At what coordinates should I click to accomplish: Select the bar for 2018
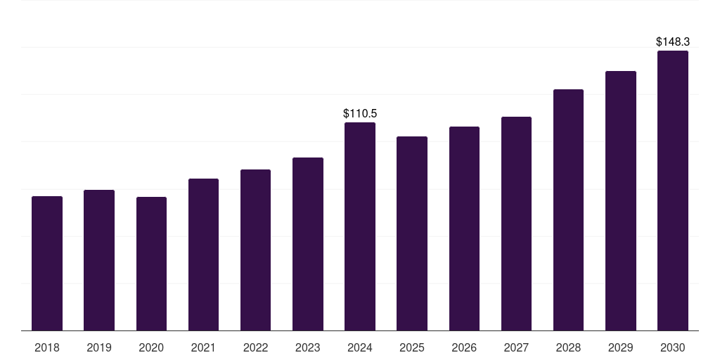pos(47,264)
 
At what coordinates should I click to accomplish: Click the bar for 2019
pos(99,260)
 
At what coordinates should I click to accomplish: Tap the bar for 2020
pos(151,264)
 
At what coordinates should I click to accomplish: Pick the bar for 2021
pos(203,255)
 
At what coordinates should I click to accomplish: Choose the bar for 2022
pos(255,250)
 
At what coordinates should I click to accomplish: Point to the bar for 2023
pos(308,244)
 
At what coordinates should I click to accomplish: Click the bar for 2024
pos(360,226)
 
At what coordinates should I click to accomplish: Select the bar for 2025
pos(412,233)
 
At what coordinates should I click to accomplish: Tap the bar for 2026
pos(464,229)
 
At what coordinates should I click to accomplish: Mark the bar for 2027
pos(516,224)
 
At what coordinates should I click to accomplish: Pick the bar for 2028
pos(568,210)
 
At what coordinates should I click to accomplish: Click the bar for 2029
pos(621,201)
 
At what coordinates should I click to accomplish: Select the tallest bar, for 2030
pos(673,191)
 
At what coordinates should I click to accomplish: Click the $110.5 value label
pos(360,113)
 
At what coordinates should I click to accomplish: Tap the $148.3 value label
pos(673,41)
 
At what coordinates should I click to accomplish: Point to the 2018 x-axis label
pos(47,347)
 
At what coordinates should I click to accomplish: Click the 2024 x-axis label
pos(360,347)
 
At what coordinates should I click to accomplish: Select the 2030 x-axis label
pos(673,347)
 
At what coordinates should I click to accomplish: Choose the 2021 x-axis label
pos(203,347)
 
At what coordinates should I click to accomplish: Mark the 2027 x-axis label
pos(516,347)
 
